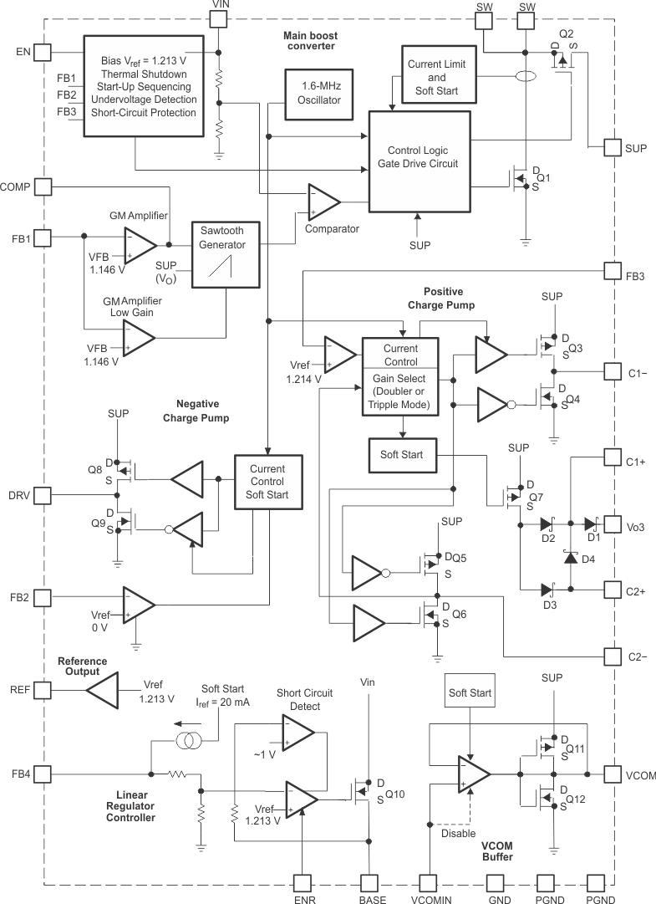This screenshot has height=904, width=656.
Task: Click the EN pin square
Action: [x=43, y=52]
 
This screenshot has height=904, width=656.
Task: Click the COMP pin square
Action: [x=43, y=186]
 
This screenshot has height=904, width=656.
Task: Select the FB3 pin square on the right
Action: [x=613, y=272]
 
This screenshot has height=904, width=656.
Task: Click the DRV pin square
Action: [x=43, y=496]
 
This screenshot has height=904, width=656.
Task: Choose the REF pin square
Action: [x=43, y=690]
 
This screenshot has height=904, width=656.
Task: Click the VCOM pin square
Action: [x=613, y=774]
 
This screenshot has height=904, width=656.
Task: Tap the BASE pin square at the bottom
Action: [x=371, y=883]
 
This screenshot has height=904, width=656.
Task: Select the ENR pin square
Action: [x=303, y=883]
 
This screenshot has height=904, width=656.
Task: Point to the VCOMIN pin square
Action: [x=429, y=883]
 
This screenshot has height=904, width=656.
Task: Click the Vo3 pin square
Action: [x=613, y=525]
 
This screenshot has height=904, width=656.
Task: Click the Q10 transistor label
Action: [x=395, y=794]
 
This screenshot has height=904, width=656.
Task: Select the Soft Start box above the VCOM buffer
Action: [x=470, y=693]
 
